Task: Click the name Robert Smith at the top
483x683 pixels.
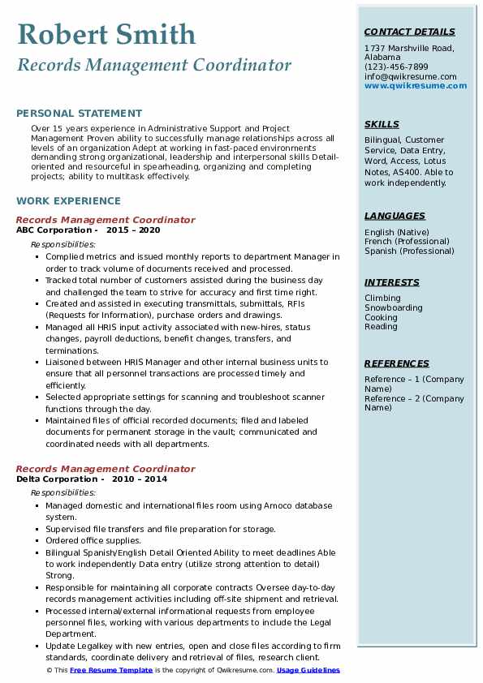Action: coord(106,35)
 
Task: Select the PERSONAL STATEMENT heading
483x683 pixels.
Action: coord(79,114)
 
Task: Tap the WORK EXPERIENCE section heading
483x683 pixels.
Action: coord(68,201)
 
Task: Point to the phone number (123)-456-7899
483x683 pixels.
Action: coord(396,67)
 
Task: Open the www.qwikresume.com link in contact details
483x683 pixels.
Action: coord(411,86)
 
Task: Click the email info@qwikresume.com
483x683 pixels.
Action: coord(410,77)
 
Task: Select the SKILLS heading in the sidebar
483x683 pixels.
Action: coord(382,125)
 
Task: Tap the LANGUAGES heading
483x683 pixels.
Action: coord(395,217)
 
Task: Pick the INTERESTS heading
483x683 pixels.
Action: coord(391,283)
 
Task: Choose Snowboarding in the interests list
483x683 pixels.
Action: coord(393,308)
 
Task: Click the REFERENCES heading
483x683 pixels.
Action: coord(396,364)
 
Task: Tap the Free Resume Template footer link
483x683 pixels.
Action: coord(111,671)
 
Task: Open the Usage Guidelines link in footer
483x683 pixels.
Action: coord(308,671)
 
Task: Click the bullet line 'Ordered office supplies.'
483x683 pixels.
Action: coord(93,540)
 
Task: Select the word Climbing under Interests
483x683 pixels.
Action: coord(382,299)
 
